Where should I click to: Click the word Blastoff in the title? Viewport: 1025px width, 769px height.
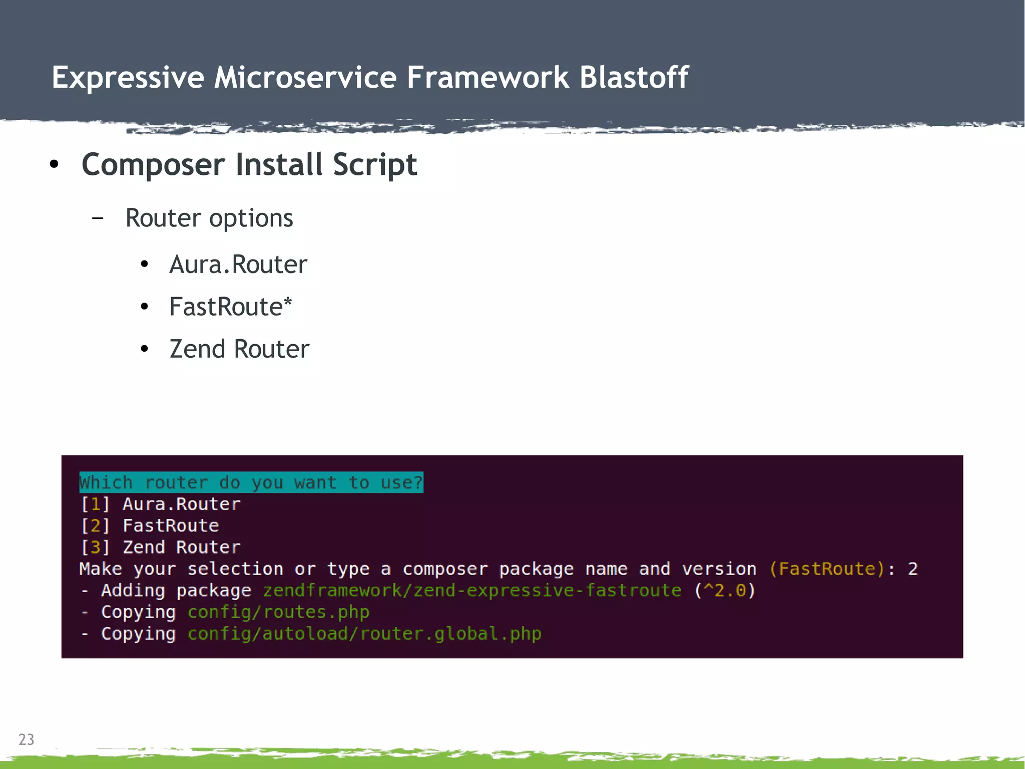634,78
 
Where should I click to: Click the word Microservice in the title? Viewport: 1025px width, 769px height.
305,78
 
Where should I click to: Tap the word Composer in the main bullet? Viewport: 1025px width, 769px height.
153,165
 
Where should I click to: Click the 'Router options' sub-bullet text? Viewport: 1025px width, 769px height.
209,218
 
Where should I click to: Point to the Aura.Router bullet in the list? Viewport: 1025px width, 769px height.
238,265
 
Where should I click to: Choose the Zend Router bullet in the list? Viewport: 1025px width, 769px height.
239,349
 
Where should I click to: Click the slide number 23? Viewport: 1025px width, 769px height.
26,739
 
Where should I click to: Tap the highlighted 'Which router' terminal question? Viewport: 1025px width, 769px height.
251,482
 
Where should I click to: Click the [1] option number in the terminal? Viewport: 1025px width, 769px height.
95,504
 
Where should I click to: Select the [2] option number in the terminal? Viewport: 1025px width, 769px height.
95,526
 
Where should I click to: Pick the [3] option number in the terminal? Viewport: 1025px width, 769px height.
95,547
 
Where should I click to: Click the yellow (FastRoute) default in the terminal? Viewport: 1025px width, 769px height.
827,569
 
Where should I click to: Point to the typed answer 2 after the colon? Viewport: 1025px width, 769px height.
913,569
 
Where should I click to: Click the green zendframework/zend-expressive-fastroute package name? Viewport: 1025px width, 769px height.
472,590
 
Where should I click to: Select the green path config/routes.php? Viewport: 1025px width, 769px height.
278,612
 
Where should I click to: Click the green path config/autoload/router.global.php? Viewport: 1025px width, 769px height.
364,633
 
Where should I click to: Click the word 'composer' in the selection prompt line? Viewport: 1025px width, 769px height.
445,569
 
